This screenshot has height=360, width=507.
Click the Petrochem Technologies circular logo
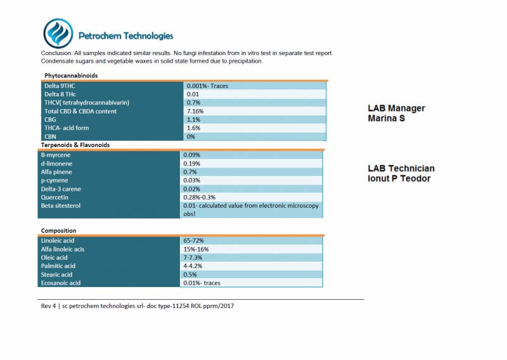(x=58, y=34)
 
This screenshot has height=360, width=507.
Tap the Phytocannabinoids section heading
(x=71, y=75)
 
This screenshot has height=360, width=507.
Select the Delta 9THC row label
(x=60, y=86)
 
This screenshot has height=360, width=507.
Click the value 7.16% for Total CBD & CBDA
(x=195, y=112)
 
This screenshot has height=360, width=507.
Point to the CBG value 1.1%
(x=194, y=120)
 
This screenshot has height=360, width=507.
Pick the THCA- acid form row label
(x=67, y=128)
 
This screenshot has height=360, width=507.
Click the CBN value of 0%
(x=191, y=136)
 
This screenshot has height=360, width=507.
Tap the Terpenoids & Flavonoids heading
(x=75, y=145)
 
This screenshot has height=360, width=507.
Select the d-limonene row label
(x=56, y=164)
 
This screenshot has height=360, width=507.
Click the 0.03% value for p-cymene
(x=192, y=181)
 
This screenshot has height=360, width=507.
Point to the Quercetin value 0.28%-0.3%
(x=200, y=197)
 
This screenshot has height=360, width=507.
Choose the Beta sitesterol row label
(x=61, y=206)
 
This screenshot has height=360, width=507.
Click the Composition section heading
(x=58, y=231)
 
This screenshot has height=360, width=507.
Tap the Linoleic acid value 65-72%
(x=194, y=241)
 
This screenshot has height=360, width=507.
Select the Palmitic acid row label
(x=58, y=266)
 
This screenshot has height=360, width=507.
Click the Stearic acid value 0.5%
(x=190, y=274)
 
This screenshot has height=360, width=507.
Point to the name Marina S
(x=387, y=119)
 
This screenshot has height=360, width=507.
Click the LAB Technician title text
(x=401, y=169)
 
